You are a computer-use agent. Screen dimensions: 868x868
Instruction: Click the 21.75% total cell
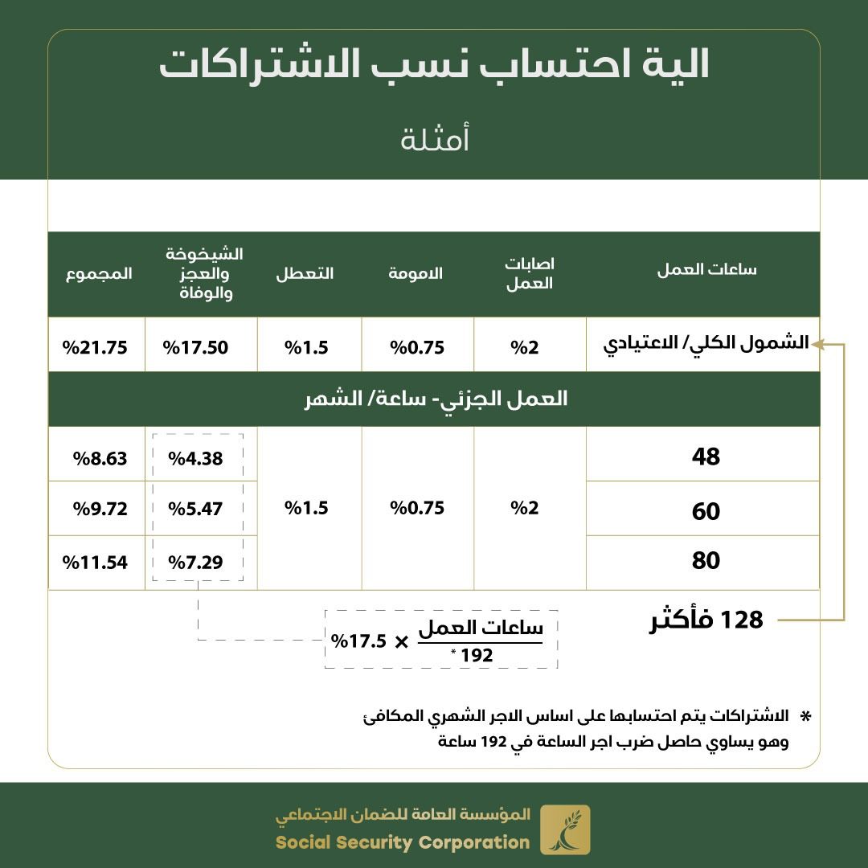(97, 347)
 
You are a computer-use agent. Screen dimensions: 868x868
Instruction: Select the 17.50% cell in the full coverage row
(196, 347)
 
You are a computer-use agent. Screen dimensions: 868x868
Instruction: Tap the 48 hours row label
(706, 457)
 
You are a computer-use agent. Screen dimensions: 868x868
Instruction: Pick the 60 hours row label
(706, 511)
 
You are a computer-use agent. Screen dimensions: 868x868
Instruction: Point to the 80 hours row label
(706, 560)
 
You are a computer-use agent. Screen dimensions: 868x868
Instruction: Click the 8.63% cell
(100, 458)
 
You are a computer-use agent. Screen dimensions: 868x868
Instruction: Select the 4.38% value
(195, 458)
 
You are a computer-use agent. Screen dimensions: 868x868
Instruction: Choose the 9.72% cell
(100, 509)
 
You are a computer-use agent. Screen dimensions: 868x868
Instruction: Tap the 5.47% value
(195, 509)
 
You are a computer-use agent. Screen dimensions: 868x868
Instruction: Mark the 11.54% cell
(96, 562)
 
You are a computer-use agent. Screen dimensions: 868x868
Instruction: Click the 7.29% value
(195, 562)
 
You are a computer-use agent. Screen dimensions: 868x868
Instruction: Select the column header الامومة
(416, 273)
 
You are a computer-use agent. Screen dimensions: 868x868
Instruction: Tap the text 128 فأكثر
(706, 621)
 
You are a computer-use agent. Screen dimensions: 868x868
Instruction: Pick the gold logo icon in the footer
(565, 829)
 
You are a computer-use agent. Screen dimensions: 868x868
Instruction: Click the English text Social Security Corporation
(403, 842)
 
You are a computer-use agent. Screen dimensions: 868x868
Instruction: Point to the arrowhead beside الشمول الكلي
(816, 344)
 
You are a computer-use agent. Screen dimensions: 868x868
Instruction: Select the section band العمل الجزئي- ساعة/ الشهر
(434, 399)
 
